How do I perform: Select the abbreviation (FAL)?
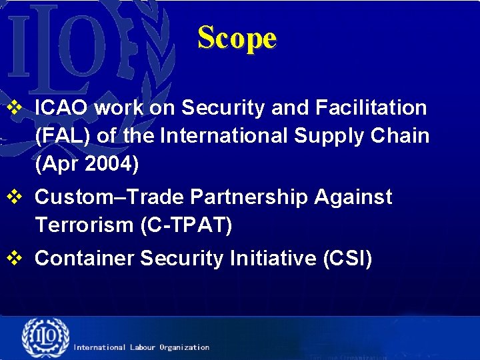pyautogui.click(x=63, y=135)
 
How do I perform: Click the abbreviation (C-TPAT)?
pyautogui.click(x=186, y=225)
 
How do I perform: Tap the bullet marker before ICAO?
pyautogui.click(x=15, y=107)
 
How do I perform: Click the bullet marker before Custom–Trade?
pyautogui.click(x=15, y=197)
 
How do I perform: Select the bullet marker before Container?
pyautogui.click(x=15, y=259)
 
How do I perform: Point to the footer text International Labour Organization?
pyautogui.click(x=141, y=347)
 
